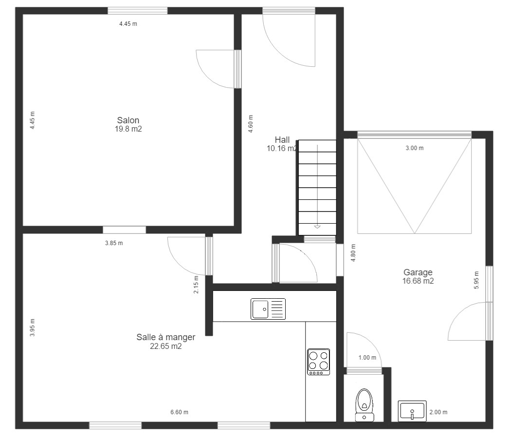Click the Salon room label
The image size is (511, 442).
pyautogui.click(x=128, y=120)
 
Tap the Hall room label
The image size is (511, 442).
pyautogui.click(x=282, y=140)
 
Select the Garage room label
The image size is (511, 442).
pyautogui.click(x=418, y=272)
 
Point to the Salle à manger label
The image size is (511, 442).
pyautogui.click(x=166, y=337)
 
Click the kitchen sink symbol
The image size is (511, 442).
pyautogui.click(x=268, y=309)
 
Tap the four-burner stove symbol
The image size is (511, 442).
pyautogui.click(x=319, y=362)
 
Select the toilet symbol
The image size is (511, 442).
pyautogui.click(x=365, y=405)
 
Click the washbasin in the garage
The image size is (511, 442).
pyautogui.click(x=412, y=411)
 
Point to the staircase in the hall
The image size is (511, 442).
pyautogui.click(x=317, y=188)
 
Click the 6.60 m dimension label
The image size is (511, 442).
pyautogui.click(x=179, y=412)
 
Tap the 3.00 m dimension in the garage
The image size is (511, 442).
pyautogui.click(x=415, y=148)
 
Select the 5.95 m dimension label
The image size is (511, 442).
pyautogui.click(x=476, y=280)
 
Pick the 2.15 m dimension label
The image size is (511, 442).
pyautogui.click(x=196, y=285)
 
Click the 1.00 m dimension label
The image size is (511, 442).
pyautogui.click(x=367, y=358)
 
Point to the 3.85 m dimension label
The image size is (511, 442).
pyautogui.click(x=114, y=243)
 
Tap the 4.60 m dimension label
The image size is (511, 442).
pyautogui.click(x=250, y=124)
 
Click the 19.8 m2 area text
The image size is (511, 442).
pyautogui.click(x=128, y=129)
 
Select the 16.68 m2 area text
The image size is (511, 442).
pyautogui.click(x=418, y=281)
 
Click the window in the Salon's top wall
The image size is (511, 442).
pyautogui.click(x=138, y=11)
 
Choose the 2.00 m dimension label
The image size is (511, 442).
pyautogui.click(x=438, y=412)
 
